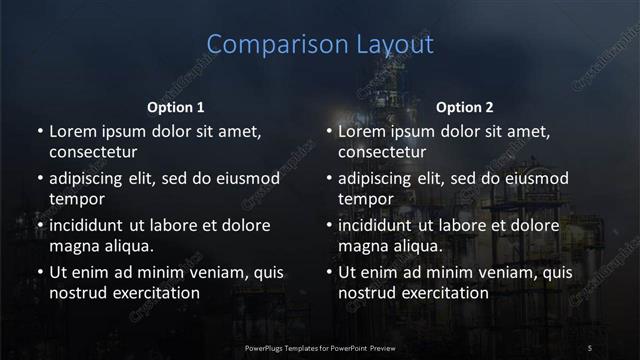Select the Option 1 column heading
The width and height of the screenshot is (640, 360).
coord(176,106)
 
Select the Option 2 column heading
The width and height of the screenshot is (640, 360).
coord(465,106)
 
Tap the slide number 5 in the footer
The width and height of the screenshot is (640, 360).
coord(591,347)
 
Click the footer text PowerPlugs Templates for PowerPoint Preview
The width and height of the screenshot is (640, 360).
coord(321,347)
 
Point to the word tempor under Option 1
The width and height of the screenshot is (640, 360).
coord(76,199)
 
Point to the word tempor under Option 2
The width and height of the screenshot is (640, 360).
coord(366,199)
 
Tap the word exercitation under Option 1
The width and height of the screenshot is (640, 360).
coord(155,293)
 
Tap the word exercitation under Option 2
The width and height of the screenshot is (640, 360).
coord(445,293)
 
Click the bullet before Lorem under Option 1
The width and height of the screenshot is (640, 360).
coord(39,132)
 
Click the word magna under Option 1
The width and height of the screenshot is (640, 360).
coord(74,246)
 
